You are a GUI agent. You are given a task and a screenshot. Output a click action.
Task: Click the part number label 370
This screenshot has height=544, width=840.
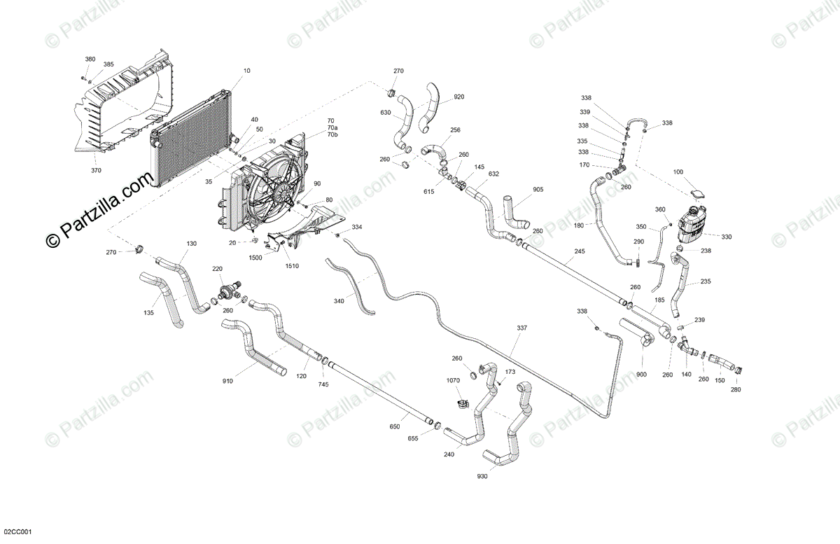[95, 169]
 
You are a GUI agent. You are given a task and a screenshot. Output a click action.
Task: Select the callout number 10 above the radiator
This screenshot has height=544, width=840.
[246, 71]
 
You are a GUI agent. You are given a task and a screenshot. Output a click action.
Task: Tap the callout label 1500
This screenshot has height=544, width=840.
[255, 258]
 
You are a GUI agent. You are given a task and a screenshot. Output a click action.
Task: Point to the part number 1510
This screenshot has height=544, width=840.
[292, 266]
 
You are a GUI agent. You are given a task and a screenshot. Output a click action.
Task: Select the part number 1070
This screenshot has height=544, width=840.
[454, 380]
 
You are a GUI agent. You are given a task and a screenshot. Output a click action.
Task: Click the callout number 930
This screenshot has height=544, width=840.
[483, 477]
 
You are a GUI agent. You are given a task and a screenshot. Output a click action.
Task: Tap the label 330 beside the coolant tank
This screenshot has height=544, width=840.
[727, 237]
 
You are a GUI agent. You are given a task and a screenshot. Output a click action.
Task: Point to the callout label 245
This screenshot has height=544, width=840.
[579, 251]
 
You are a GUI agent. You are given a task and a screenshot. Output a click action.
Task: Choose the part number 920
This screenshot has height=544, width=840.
[458, 97]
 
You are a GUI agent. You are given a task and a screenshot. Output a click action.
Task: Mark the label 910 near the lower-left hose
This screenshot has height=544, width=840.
[228, 381]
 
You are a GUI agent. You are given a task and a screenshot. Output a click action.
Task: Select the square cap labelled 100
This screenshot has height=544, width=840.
[697, 193]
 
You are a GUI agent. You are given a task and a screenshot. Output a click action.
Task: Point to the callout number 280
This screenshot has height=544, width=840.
[736, 389]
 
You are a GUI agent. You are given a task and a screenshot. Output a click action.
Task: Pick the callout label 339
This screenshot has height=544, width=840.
[584, 112]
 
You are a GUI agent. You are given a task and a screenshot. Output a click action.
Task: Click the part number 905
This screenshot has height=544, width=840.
[538, 190]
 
